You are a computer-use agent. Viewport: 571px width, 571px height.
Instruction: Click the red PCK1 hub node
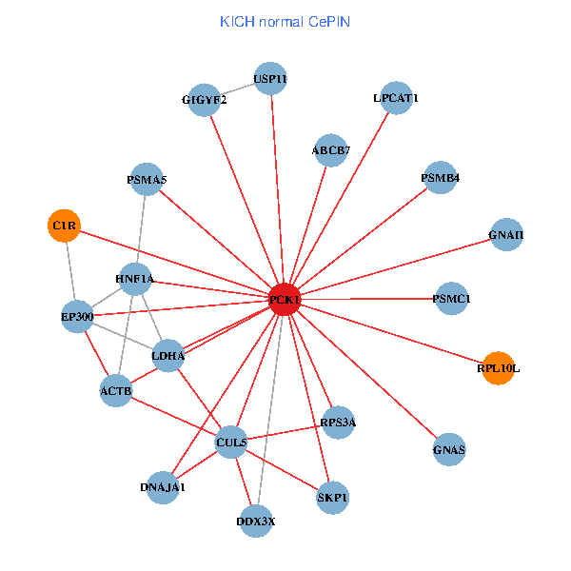point(285,300)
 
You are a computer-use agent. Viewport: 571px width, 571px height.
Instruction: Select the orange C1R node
point(64,226)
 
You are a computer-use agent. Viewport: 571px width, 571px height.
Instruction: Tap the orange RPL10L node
point(499,367)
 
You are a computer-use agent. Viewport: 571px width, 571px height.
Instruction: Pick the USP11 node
point(270,78)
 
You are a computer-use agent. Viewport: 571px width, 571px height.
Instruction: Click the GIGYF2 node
point(205,100)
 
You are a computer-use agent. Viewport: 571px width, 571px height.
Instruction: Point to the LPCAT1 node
point(396,98)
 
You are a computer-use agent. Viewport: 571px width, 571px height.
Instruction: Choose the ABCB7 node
point(330,149)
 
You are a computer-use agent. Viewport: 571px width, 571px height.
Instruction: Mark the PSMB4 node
point(441,177)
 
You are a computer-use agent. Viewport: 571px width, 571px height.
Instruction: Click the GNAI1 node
point(506,235)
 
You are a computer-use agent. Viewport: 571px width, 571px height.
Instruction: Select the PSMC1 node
point(451,300)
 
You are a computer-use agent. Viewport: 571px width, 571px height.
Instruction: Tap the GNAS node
point(449,449)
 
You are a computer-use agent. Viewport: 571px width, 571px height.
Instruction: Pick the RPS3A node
point(338,422)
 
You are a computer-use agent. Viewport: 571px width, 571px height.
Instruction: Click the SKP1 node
point(332,497)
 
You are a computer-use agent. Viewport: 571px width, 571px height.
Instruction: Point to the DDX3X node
point(256,521)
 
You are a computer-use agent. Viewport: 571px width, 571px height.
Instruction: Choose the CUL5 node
point(231,443)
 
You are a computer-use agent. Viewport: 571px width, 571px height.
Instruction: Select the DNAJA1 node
point(163,487)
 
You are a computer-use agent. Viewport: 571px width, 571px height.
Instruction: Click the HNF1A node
point(134,279)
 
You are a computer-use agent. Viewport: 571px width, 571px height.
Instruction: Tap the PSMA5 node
point(147,180)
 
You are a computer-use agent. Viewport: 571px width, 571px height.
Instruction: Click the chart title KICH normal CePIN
point(285,21)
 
